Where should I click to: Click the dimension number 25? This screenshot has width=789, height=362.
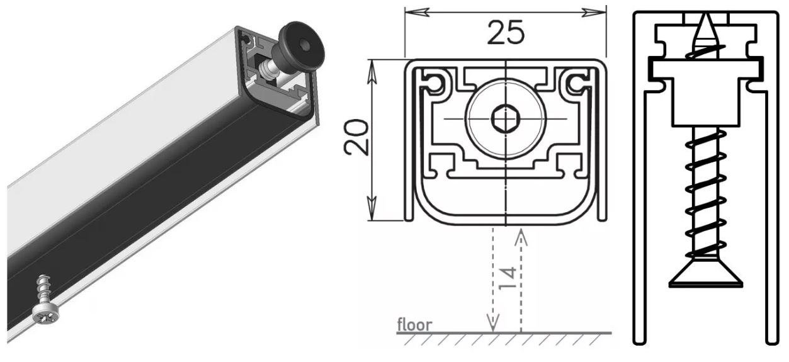click(x=506, y=33)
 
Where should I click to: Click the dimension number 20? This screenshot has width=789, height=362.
click(x=356, y=137)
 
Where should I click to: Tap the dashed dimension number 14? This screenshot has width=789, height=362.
click(x=508, y=278)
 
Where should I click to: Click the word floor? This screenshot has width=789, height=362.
click(x=414, y=325)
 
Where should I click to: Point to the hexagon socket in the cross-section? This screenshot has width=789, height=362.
click(x=506, y=120)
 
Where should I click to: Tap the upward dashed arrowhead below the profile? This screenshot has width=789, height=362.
click(x=521, y=237)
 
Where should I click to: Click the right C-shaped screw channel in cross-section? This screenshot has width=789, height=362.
click(x=577, y=82)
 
